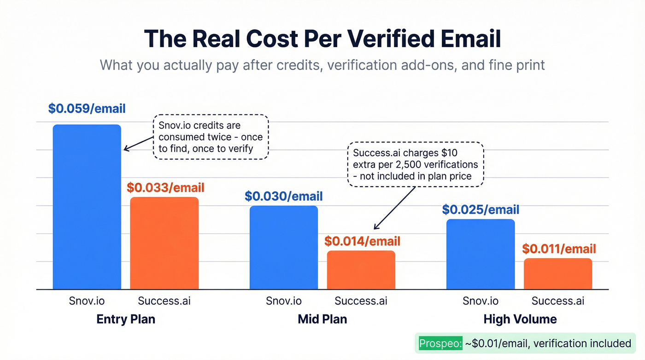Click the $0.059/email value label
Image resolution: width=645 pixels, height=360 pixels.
[x=87, y=109]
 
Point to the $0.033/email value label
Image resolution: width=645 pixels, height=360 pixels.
[x=165, y=188]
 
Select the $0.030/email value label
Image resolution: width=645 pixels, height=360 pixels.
[x=284, y=196]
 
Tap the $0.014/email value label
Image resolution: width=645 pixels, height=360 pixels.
[x=362, y=241]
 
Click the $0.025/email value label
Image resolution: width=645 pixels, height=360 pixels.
[x=481, y=210]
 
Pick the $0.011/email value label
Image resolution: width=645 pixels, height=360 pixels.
[x=559, y=249]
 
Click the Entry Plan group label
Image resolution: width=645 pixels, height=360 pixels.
[x=126, y=319]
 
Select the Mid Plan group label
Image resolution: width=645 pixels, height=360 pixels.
[x=322, y=319]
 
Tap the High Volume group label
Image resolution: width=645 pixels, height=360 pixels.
[x=520, y=319]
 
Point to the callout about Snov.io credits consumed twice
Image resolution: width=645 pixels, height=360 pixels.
[x=210, y=137]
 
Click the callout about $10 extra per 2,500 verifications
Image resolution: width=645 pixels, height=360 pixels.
[x=415, y=164]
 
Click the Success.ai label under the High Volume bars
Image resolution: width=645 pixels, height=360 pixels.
[x=558, y=301]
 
